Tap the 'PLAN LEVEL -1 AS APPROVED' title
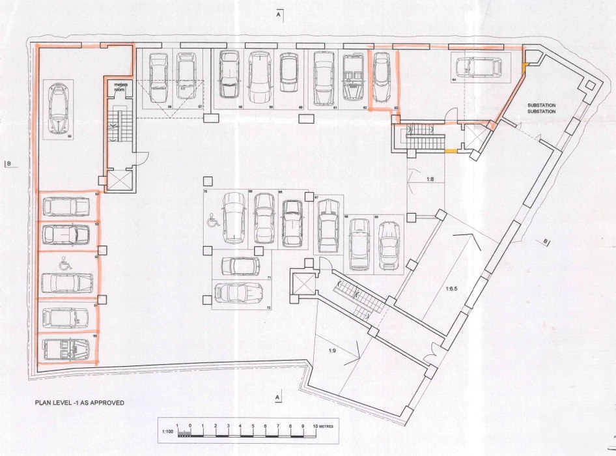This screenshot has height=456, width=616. [x=79, y=403]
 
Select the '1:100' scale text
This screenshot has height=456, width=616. [x=167, y=431]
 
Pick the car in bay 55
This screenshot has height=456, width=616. [x=65, y=347]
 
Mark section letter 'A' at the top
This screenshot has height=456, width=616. [x=278, y=13]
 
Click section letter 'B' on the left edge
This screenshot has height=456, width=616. [x=7, y=164]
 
